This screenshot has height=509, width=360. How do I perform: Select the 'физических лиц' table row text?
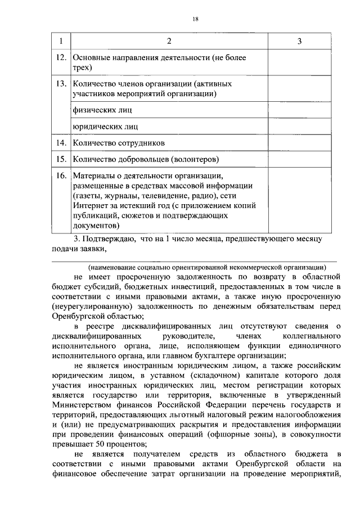coord(98,110)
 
